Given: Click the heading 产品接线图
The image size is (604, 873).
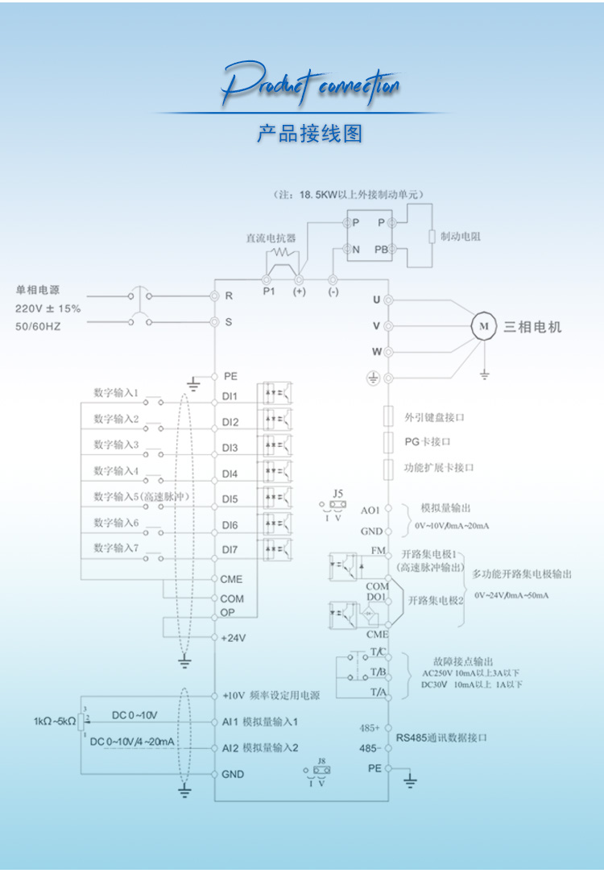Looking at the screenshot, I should tap(309, 133).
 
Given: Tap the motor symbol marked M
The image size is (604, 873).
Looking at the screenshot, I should tap(484, 326).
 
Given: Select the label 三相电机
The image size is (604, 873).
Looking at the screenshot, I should tap(532, 327).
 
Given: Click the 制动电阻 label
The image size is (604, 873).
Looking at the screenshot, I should tap(461, 236).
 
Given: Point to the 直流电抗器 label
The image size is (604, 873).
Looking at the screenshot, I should tap(271, 238).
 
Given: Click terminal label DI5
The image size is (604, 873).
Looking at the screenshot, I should tap(230, 499).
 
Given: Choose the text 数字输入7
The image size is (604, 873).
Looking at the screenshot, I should tap(116, 548).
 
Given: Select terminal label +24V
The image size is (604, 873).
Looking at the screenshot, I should tap(233, 637).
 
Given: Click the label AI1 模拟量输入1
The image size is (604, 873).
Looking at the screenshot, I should tap(260, 722).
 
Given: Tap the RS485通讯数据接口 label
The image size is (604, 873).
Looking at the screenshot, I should tap(441, 737).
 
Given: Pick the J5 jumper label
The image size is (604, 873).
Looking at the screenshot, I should tap(337, 493).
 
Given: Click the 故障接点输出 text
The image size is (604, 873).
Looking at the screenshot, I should tap(457, 661).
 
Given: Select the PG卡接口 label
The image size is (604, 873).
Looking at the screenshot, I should tap(427, 442).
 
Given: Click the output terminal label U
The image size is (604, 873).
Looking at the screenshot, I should tap(376, 300).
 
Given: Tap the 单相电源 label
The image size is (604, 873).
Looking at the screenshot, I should tap(38, 291).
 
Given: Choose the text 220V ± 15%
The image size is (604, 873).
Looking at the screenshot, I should tap(48, 308).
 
